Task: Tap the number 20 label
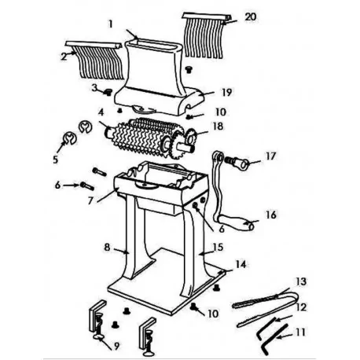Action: point(251,17)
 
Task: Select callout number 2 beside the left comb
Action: point(63,57)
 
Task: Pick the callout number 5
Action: point(56,158)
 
